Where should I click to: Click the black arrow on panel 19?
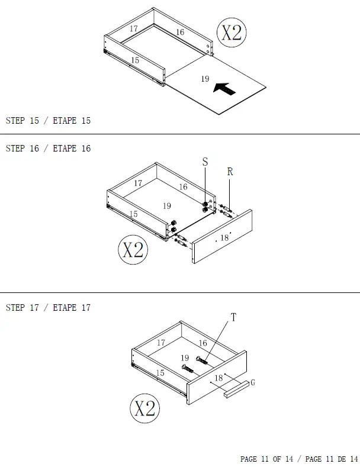coord(224,89)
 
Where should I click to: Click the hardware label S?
coord(205,162)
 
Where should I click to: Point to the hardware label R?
coord(230,172)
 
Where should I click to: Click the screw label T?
coord(233,318)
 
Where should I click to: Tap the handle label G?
coord(253,382)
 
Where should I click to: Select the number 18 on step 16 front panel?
coord(224,237)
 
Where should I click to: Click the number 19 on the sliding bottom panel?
coord(205,79)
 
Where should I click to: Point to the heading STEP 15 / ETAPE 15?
coord(48,121)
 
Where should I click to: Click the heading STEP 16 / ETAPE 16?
coord(48,149)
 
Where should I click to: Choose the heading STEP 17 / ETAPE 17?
coord(48,308)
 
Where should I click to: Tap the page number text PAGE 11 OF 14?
coord(266,459)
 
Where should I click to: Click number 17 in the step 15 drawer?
coord(134,28)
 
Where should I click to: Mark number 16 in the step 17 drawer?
coord(202,343)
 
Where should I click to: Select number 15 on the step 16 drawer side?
coord(134,214)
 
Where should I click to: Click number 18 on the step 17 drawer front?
coord(218,378)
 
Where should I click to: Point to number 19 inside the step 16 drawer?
coord(168,205)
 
